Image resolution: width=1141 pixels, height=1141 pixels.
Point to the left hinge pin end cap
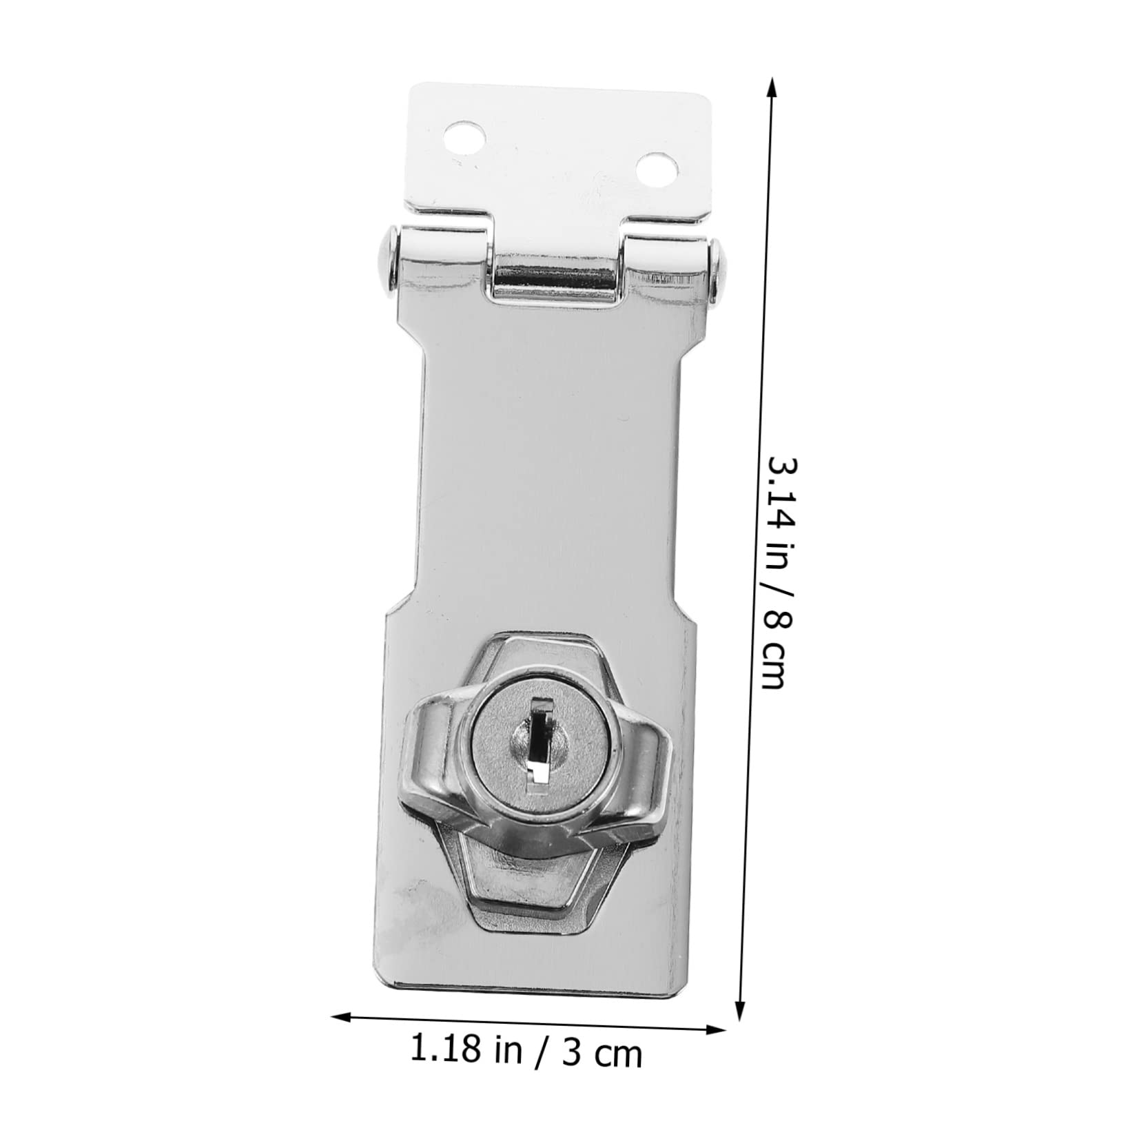[387, 260]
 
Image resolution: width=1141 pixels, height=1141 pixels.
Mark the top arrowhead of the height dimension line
[772, 85]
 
